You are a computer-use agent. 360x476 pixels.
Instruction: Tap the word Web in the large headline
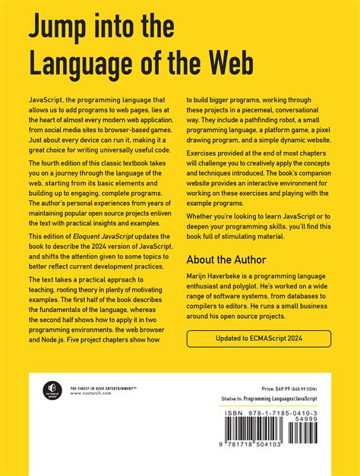(232, 65)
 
